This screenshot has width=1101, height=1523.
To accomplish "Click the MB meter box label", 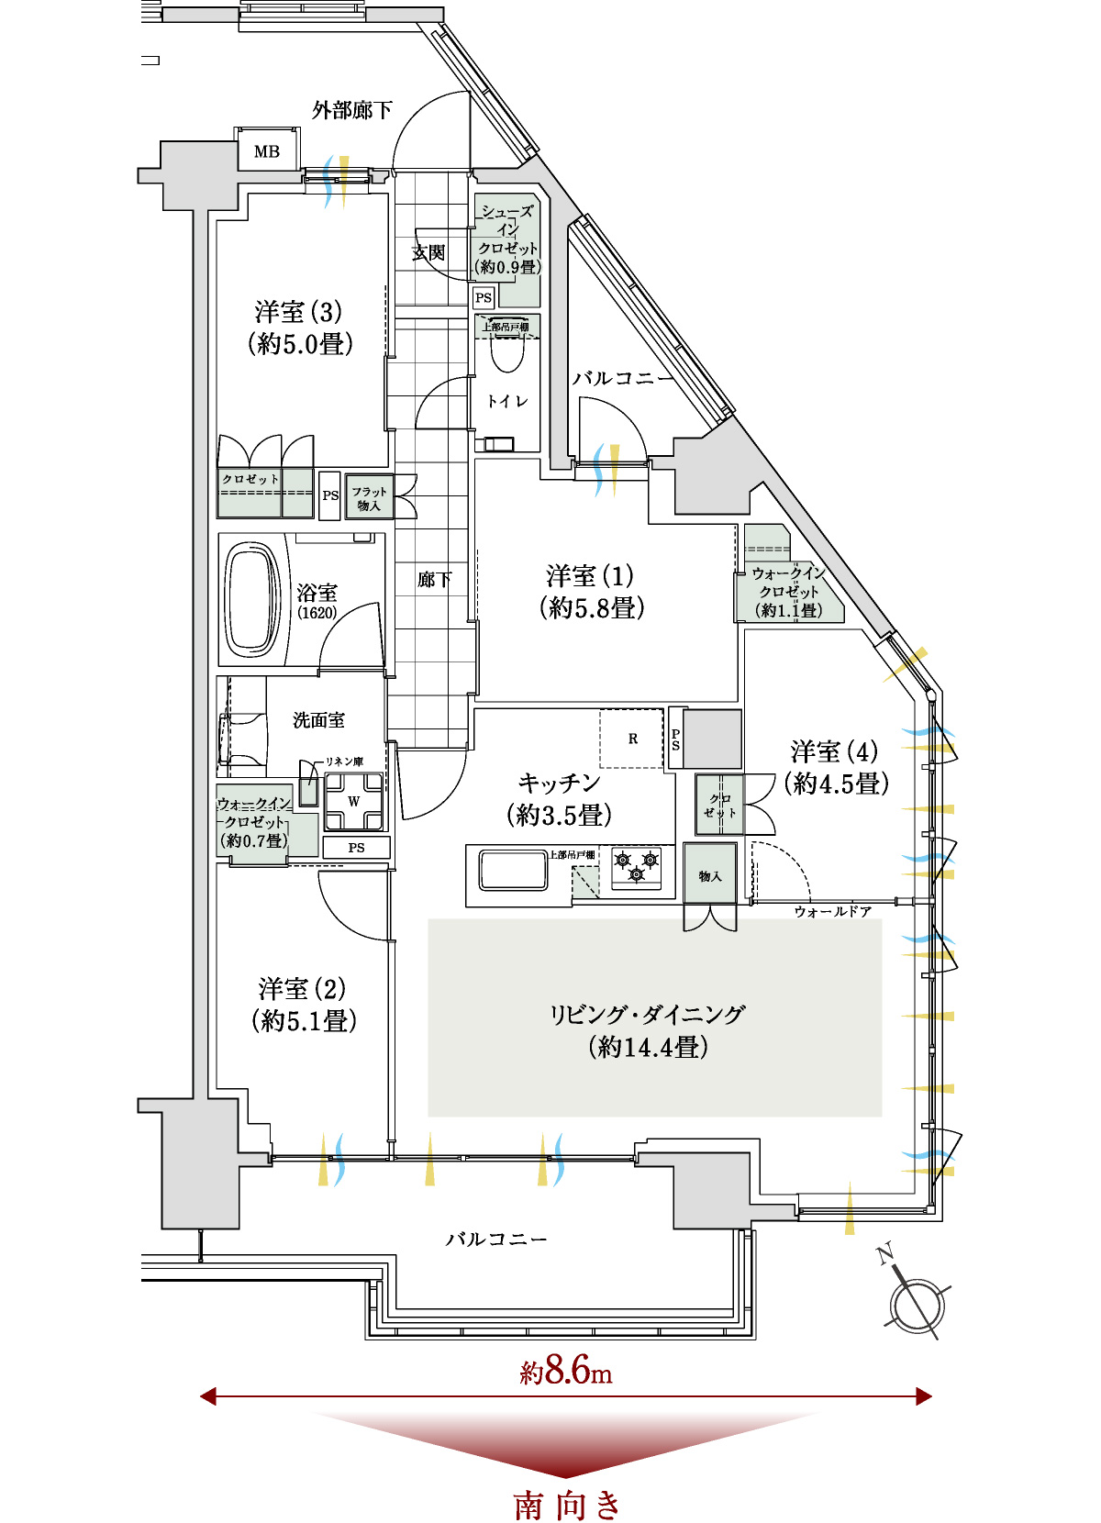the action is (x=267, y=151).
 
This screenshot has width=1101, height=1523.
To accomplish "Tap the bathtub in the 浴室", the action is (x=252, y=600).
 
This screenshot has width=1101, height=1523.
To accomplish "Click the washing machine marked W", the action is (x=353, y=802).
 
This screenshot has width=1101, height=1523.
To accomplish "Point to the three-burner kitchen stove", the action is (x=637, y=867).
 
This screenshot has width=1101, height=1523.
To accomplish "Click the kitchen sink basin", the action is (x=514, y=871).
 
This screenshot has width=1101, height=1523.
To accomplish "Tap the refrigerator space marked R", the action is (x=631, y=739).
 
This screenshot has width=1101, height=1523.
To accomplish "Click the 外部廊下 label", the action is (x=352, y=110).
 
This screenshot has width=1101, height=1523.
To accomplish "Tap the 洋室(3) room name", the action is (x=298, y=312).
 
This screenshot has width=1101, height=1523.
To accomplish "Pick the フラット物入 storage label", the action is (x=369, y=498).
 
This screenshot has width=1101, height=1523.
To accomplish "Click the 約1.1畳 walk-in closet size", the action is (x=789, y=610).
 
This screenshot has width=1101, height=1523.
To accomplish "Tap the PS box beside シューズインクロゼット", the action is (x=484, y=298).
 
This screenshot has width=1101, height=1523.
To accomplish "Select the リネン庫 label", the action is (x=344, y=761).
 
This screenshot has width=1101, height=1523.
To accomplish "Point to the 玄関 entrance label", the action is (x=428, y=253).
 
